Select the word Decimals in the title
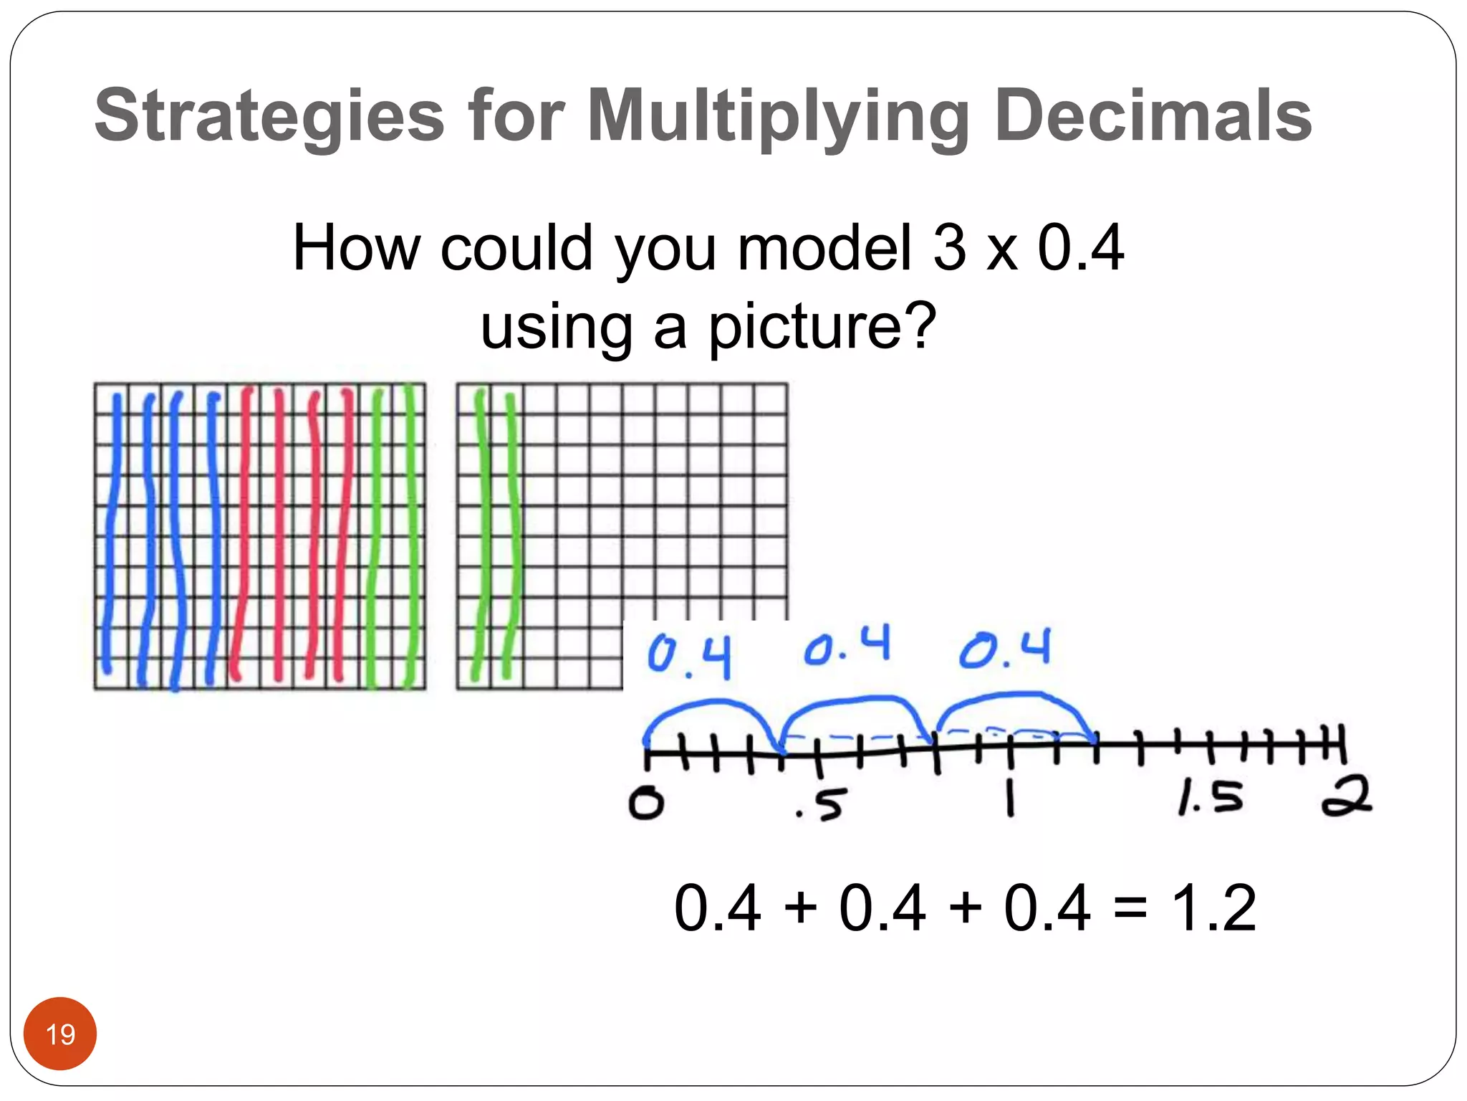pos(1153,115)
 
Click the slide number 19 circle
pos(60,1034)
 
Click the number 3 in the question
pos(950,247)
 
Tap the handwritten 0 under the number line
pos(646,803)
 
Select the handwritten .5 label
pos(822,805)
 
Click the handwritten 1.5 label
pos(1211,798)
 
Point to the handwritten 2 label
pos(1347,796)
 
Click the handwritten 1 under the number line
pos(1010,798)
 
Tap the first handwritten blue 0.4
pos(689,655)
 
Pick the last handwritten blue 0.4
pos(1005,649)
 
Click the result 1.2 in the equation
pos(1213,908)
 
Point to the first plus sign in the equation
pos(800,909)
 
